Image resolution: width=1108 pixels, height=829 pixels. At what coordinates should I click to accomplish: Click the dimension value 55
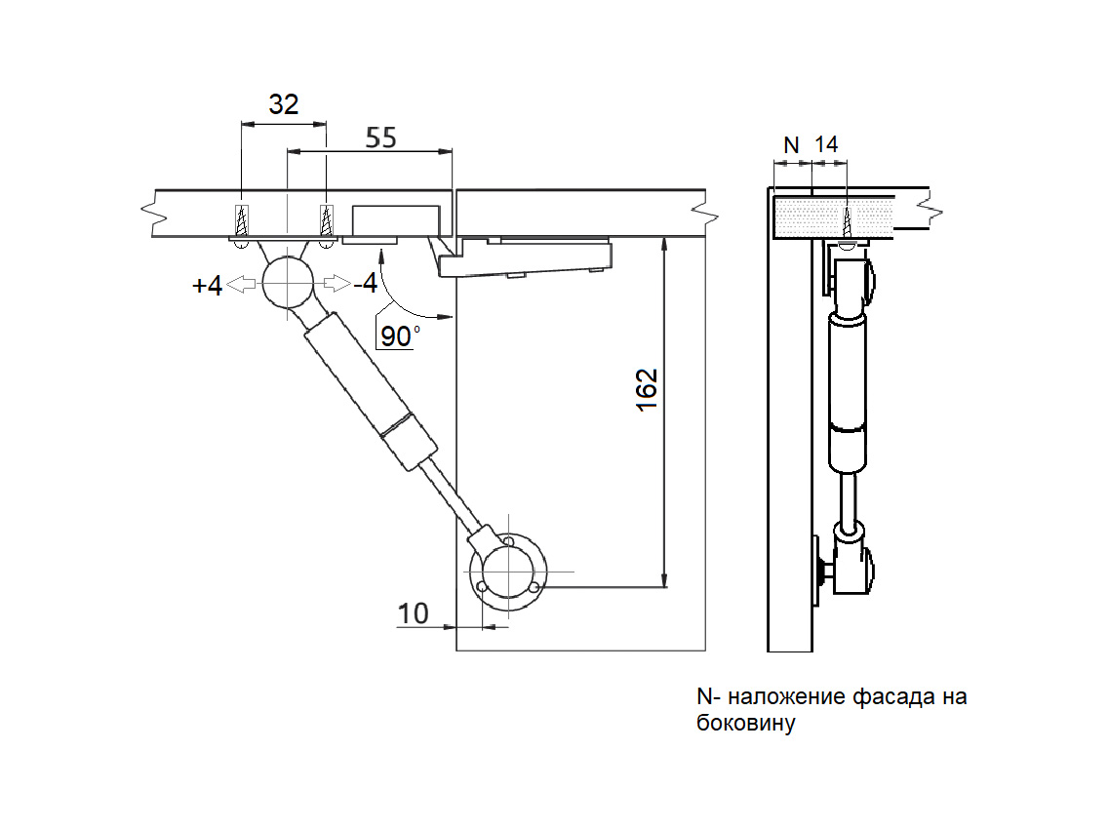[380, 138]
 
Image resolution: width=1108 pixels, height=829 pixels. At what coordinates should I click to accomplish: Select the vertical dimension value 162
[648, 389]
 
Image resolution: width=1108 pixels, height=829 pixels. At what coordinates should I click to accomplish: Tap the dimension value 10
[414, 613]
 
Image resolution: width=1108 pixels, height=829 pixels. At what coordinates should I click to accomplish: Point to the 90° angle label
[399, 336]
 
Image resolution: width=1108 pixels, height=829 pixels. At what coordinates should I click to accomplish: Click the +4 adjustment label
[208, 286]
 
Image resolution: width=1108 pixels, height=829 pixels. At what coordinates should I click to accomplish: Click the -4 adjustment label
[366, 284]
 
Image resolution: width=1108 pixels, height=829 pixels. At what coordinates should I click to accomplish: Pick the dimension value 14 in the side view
[826, 144]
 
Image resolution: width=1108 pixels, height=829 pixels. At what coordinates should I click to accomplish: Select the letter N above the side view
[791, 144]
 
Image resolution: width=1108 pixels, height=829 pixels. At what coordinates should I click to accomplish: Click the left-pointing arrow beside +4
[243, 284]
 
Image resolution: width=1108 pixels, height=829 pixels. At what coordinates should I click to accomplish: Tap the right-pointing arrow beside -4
[335, 283]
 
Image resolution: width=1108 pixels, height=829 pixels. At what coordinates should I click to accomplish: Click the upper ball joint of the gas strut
[286, 282]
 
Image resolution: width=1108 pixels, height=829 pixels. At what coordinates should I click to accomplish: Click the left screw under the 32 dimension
[242, 220]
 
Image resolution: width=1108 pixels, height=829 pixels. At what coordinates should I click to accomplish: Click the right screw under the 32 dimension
[327, 220]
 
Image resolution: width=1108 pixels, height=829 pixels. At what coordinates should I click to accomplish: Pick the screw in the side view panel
[848, 223]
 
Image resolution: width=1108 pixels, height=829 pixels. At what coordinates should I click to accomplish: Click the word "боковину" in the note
[746, 724]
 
